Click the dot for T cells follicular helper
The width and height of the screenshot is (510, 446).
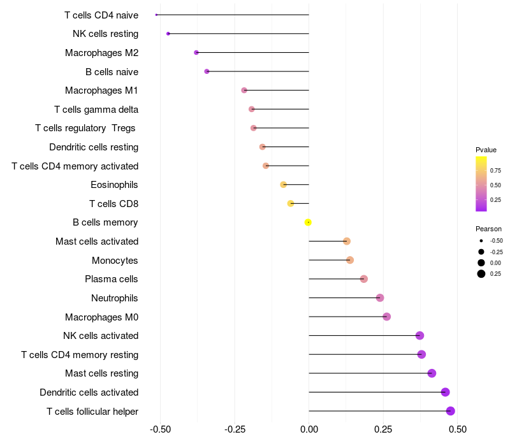(x=451, y=411)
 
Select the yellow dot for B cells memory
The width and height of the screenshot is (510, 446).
(x=308, y=222)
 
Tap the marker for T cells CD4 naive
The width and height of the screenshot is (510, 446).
(x=156, y=15)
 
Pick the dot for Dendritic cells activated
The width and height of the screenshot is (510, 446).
(x=445, y=392)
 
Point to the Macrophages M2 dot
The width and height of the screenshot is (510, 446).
(x=196, y=52)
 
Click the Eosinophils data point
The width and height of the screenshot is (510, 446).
(x=284, y=185)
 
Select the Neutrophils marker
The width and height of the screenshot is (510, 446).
(x=380, y=298)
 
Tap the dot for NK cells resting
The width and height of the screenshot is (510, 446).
(x=168, y=34)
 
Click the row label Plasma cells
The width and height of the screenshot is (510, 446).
(x=112, y=279)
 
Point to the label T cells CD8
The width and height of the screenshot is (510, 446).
(x=114, y=204)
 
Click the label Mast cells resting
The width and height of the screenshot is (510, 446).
(x=102, y=373)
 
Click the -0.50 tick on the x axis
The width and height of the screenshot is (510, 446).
(x=160, y=429)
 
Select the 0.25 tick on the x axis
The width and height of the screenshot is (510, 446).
(x=382, y=429)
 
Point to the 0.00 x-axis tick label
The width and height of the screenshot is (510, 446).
(x=309, y=429)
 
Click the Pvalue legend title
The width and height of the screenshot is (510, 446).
(x=486, y=150)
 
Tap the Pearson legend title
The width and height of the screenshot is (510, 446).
(x=488, y=229)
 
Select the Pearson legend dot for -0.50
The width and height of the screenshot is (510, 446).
(x=481, y=241)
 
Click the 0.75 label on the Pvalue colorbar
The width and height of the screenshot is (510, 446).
(x=495, y=170)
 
